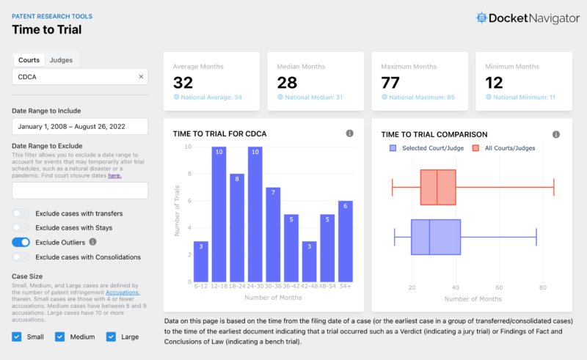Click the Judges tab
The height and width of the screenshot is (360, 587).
click(61, 60)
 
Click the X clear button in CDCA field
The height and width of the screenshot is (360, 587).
click(141, 76)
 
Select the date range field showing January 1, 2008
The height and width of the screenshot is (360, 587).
click(80, 126)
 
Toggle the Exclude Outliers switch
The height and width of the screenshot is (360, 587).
click(21, 242)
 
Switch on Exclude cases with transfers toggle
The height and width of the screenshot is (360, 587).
click(21, 213)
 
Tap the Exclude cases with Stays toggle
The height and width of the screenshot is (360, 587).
click(21, 228)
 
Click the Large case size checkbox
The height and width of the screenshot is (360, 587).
click(112, 337)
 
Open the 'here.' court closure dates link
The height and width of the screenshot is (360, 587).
click(114, 175)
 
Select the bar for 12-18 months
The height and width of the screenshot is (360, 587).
click(219, 215)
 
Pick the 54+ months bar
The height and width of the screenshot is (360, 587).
click(345, 242)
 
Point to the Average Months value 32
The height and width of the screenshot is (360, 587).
click(183, 83)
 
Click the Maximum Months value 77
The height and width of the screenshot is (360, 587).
click(390, 83)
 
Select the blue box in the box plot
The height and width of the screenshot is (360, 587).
click(436, 237)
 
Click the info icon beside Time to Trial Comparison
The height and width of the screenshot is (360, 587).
click(556, 134)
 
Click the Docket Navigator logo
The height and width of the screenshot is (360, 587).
click(527, 18)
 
